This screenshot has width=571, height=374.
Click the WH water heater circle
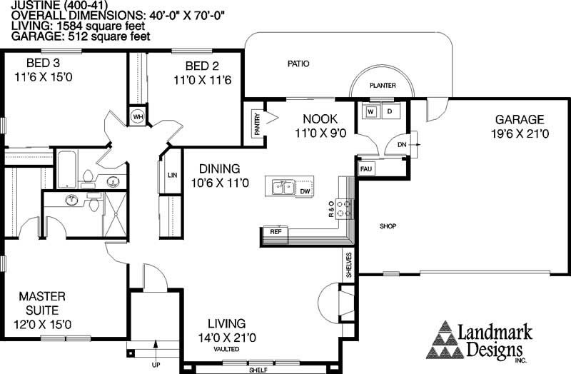click(138, 117)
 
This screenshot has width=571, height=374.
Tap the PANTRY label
click(258, 124)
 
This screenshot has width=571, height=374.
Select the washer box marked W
click(370, 112)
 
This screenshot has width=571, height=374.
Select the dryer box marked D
click(390, 111)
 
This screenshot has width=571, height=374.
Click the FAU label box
click(366, 169)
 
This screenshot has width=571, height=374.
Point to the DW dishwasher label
click(305, 191)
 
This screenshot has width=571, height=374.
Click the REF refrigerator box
click(276, 232)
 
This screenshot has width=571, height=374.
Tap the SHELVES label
click(349, 265)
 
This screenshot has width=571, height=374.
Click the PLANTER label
click(383, 86)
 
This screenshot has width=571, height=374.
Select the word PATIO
click(298, 64)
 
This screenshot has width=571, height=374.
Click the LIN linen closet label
click(172, 175)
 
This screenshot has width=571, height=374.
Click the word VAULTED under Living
click(226, 349)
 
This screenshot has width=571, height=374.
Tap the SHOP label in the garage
click(388, 226)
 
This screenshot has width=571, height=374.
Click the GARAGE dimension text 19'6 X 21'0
click(520, 133)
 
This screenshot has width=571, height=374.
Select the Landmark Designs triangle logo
click(445, 340)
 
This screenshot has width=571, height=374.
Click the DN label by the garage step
click(402, 145)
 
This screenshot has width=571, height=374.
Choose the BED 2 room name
click(202, 66)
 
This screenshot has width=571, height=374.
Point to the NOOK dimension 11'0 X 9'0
click(320, 133)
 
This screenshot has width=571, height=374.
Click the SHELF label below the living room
click(258, 370)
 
